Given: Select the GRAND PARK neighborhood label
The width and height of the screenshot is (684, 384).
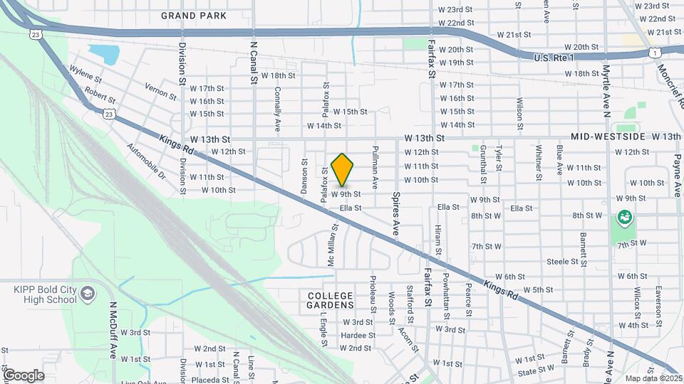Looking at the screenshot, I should tap(194, 16).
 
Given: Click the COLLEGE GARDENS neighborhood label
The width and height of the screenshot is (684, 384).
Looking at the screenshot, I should tap(331, 299).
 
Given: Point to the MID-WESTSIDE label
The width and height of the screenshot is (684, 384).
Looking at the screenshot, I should tap(608, 136).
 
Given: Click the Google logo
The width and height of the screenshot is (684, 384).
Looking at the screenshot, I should tap(24, 375).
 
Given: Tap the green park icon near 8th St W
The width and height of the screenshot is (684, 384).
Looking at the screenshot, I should tap(626, 217).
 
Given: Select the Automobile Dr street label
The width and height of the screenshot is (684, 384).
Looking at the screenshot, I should tap(145, 161).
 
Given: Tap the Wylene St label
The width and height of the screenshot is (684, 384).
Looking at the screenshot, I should tap(85, 74).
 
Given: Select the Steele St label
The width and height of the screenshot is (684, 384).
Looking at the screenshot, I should tap(562, 262).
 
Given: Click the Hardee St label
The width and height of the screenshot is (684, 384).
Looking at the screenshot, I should tap(358, 335).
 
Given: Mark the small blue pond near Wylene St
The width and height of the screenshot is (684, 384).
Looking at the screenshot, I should tap(104, 54).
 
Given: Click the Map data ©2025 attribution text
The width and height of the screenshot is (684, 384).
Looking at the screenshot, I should tap(651, 378).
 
